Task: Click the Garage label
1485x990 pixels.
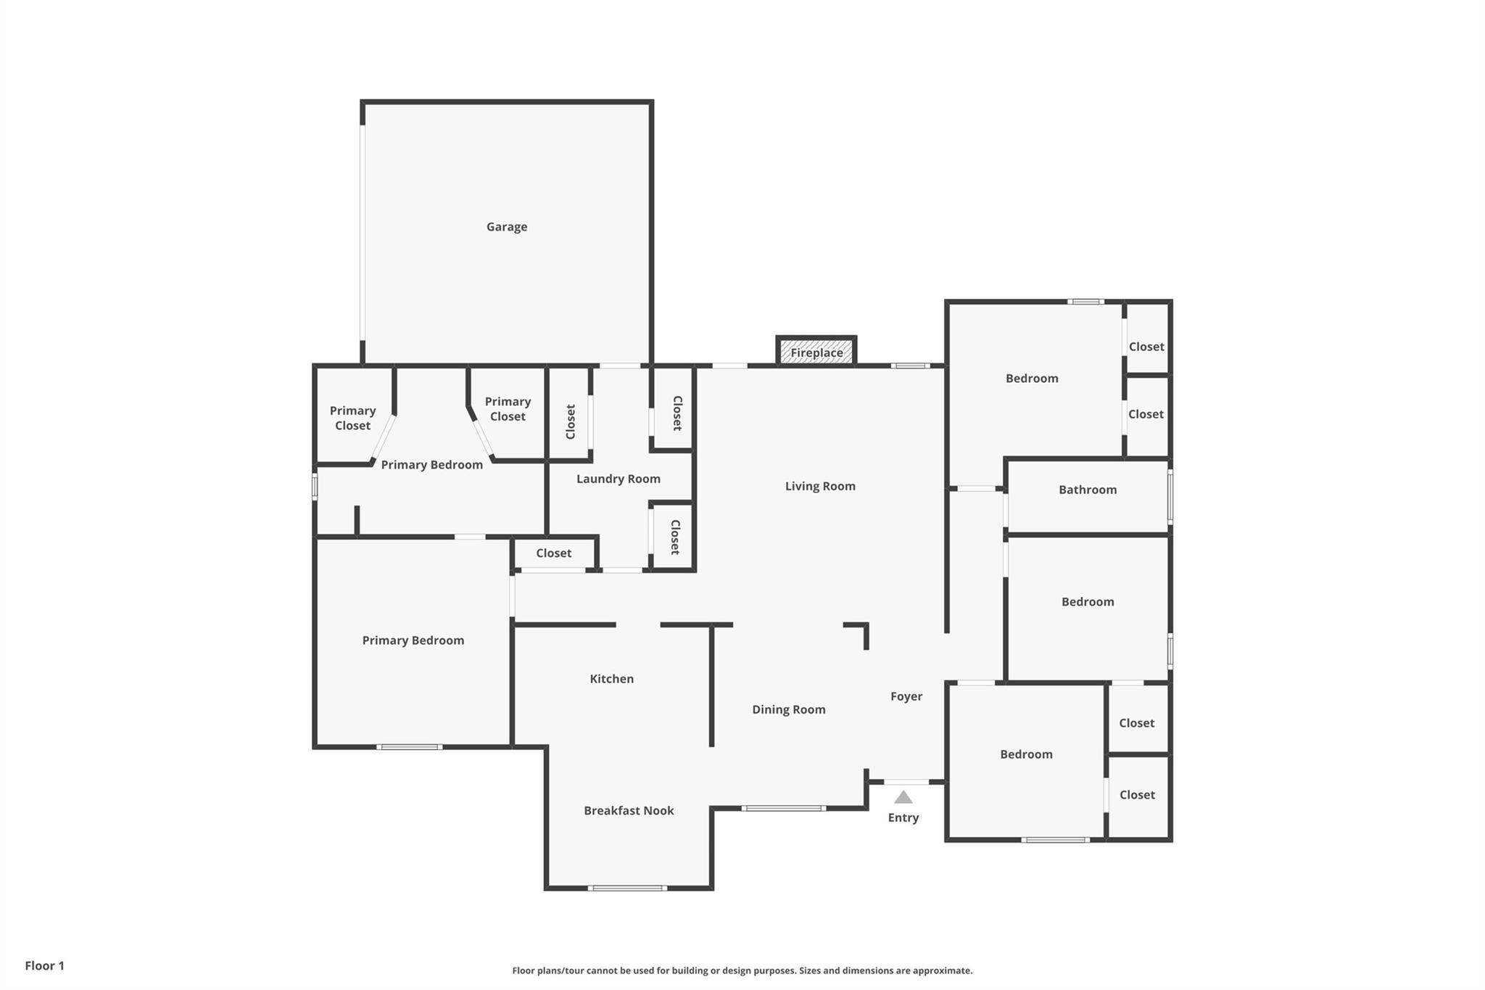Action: [x=507, y=227]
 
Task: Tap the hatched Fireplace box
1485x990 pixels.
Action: [x=816, y=352]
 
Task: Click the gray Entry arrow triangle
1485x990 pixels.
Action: [x=903, y=798]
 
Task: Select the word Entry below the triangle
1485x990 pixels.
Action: [x=903, y=817]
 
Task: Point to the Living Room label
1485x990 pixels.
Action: [x=820, y=486]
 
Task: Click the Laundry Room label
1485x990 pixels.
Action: [x=618, y=479]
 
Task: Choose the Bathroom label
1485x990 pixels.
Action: [x=1088, y=490]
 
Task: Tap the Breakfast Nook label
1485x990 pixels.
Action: [x=629, y=811]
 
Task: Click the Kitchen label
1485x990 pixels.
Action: [x=611, y=679]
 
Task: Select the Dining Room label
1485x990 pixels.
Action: [x=788, y=709]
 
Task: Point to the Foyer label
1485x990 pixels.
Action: [x=906, y=696]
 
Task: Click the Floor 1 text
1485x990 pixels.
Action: [x=45, y=965]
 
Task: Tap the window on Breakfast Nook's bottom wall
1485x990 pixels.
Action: [x=627, y=888]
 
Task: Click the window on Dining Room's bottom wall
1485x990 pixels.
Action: [x=783, y=808]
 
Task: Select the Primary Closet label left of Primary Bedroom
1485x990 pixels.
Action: [x=352, y=418]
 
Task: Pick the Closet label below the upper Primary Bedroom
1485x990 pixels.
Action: [x=554, y=553]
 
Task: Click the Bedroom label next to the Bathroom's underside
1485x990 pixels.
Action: [x=1088, y=602]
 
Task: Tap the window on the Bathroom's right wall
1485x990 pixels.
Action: [x=1170, y=496]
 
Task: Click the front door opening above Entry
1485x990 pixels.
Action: [x=906, y=782]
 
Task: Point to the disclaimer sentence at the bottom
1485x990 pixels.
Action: [x=742, y=970]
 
